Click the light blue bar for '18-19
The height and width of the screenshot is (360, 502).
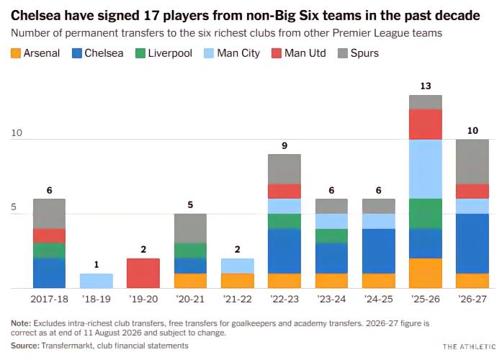click(97, 281)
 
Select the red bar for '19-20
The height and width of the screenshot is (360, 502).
click(143, 274)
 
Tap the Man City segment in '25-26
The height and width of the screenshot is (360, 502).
click(426, 169)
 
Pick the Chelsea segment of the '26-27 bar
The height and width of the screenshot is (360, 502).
click(472, 243)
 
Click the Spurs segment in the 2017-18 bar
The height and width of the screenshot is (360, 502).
click(49, 213)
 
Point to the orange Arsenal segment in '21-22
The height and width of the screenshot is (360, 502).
click(237, 281)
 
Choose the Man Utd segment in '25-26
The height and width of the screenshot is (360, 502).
click(426, 124)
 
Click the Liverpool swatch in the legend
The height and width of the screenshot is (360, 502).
click(140, 53)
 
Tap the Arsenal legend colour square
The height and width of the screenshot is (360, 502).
click(16, 53)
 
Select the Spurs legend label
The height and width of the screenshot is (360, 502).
click(364, 53)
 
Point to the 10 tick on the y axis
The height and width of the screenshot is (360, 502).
click(17, 132)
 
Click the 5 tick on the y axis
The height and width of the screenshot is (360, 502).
click(14, 207)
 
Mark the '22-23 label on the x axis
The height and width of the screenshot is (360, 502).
click(284, 300)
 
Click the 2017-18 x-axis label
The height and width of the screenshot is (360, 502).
click(49, 300)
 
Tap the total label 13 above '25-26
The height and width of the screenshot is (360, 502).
click(426, 86)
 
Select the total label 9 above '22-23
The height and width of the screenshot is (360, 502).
click(284, 145)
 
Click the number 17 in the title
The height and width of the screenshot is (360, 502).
click(151, 15)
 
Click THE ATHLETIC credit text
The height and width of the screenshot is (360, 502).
click(469, 346)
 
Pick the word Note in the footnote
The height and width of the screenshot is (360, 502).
click(20, 323)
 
